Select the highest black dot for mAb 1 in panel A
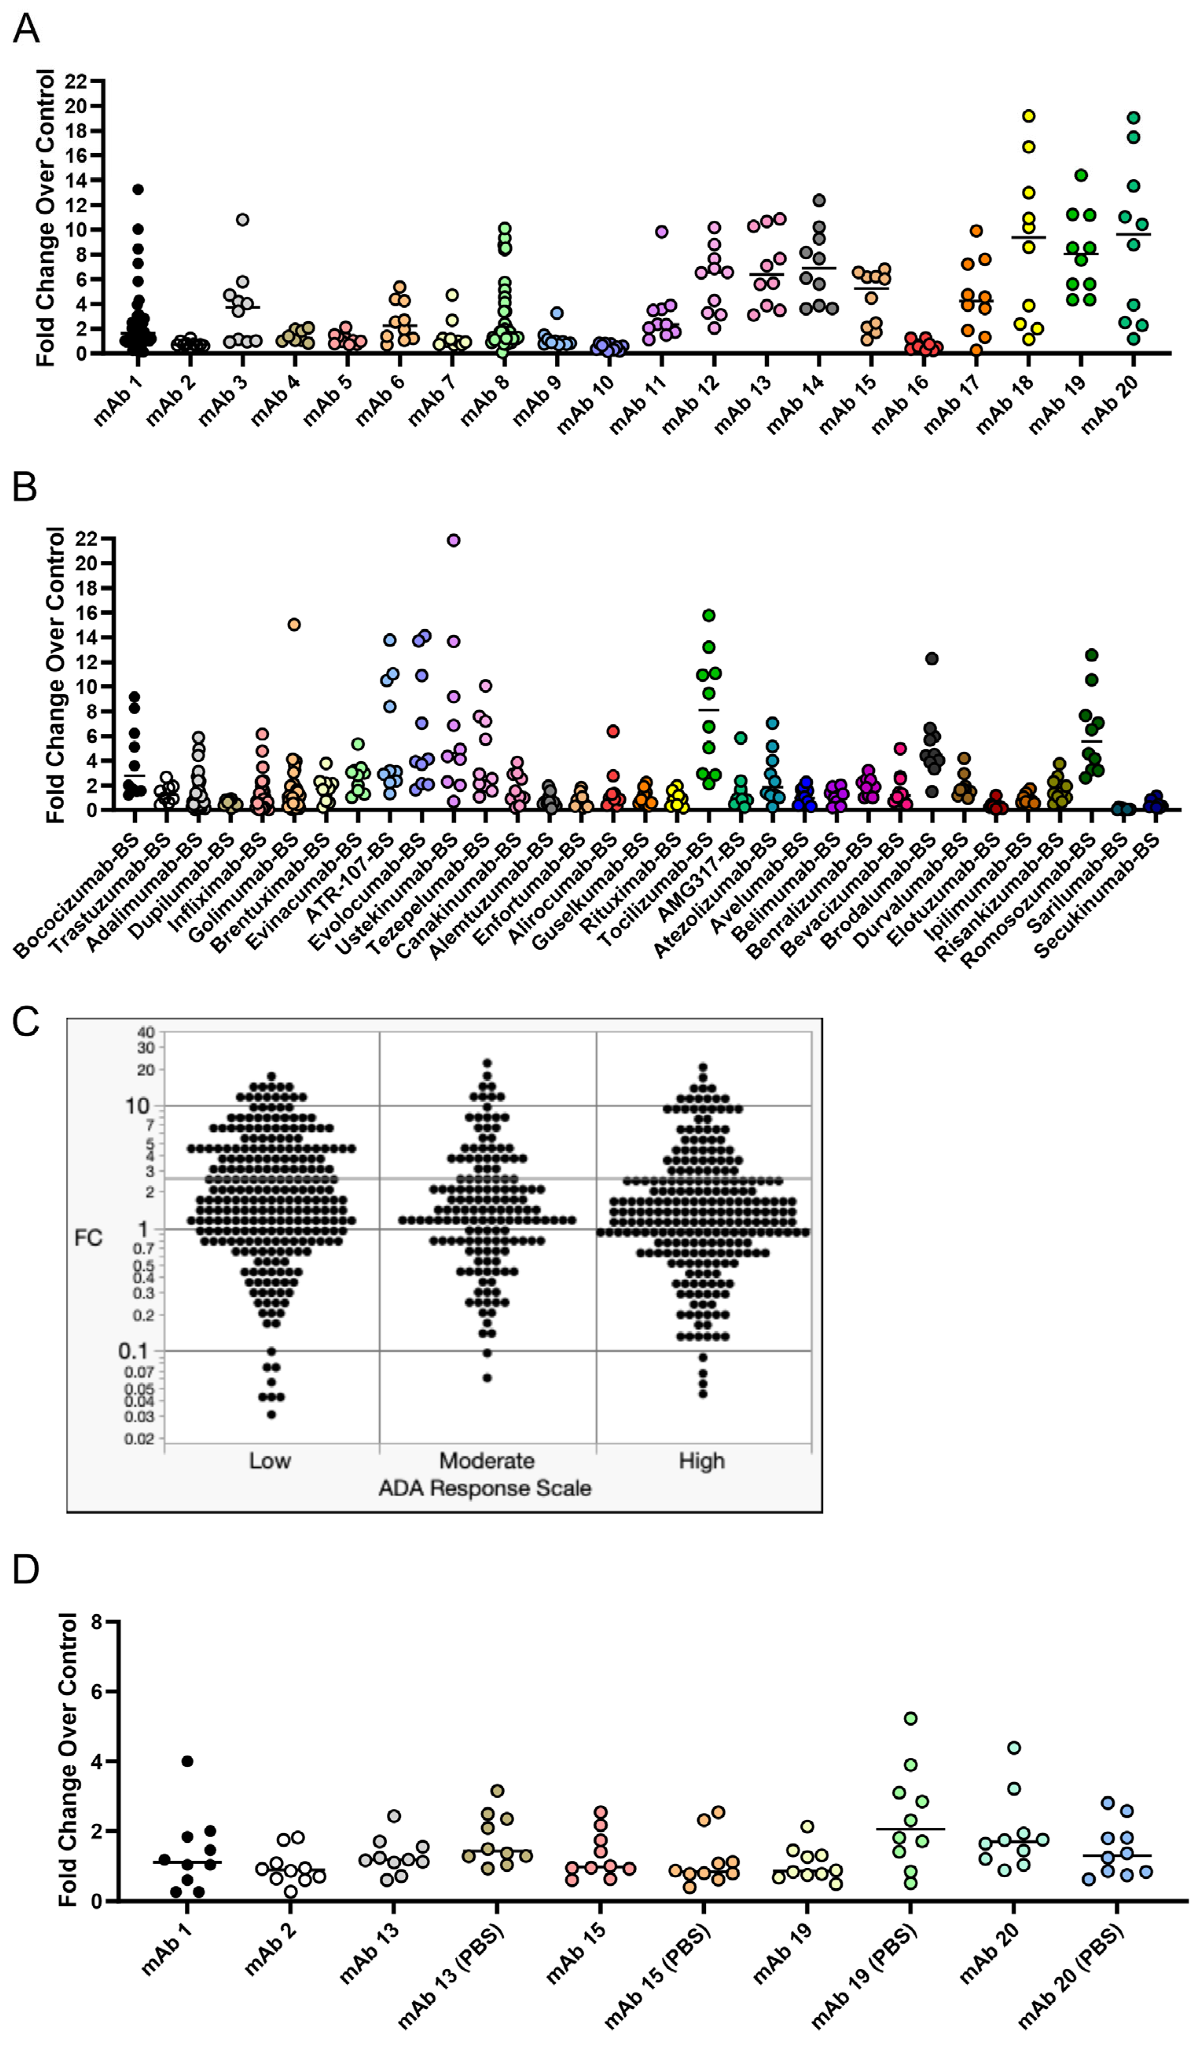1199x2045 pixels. [x=138, y=189]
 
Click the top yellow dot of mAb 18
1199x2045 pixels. [x=1028, y=116]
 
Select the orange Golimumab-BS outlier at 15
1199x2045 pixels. [x=294, y=624]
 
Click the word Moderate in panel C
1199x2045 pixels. [x=487, y=1461]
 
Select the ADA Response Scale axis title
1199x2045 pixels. [x=485, y=1488]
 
